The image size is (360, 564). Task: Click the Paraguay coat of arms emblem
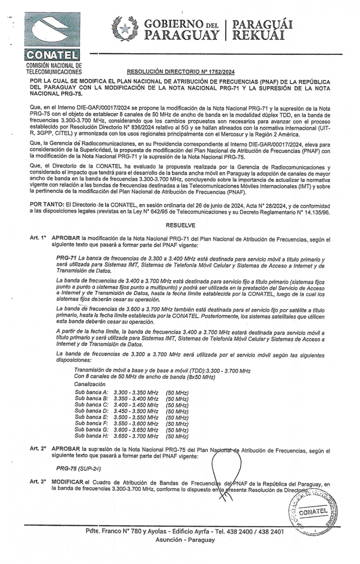click(x=124, y=29)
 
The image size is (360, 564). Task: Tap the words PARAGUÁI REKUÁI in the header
click(x=263, y=29)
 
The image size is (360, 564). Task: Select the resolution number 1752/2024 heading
click(x=181, y=72)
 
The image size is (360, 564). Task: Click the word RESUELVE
click(x=180, y=225)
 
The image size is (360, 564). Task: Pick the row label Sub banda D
click(x=92, y=411)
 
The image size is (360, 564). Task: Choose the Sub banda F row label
click(x=92, y=423)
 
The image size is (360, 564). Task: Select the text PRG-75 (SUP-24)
click(x=78, y=469)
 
